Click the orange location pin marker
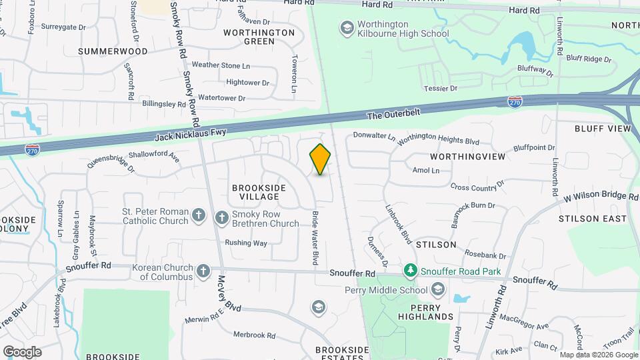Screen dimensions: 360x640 click(320, 159)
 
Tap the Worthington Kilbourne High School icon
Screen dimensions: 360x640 click(346, 28)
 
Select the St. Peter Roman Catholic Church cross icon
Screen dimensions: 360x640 click(198, 215)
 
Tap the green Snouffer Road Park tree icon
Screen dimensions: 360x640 click(411, 270)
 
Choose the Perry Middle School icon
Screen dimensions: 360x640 click(438, 289)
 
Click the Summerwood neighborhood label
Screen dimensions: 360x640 click(113, 51)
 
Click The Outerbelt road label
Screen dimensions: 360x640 click(394, 115)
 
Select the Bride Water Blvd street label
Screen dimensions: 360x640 click(315, 238)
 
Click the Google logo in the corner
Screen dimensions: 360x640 click(22, 351)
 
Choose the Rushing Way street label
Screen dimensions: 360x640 click(246, 243)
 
